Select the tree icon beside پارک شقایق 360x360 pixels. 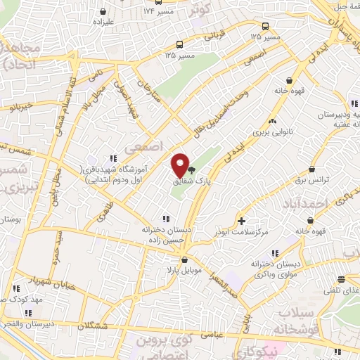coord(192,169)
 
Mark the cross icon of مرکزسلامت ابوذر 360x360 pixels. coord(242,221)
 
